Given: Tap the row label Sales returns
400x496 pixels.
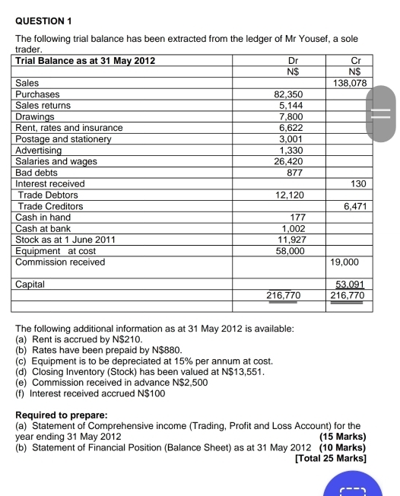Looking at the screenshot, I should [43, 106].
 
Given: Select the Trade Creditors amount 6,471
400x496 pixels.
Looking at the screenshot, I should [355, 206].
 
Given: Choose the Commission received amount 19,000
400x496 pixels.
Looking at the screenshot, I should [344, 262].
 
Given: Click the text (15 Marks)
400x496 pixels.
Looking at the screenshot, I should [344, 437].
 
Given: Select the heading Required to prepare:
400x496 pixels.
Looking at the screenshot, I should [61, 415].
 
